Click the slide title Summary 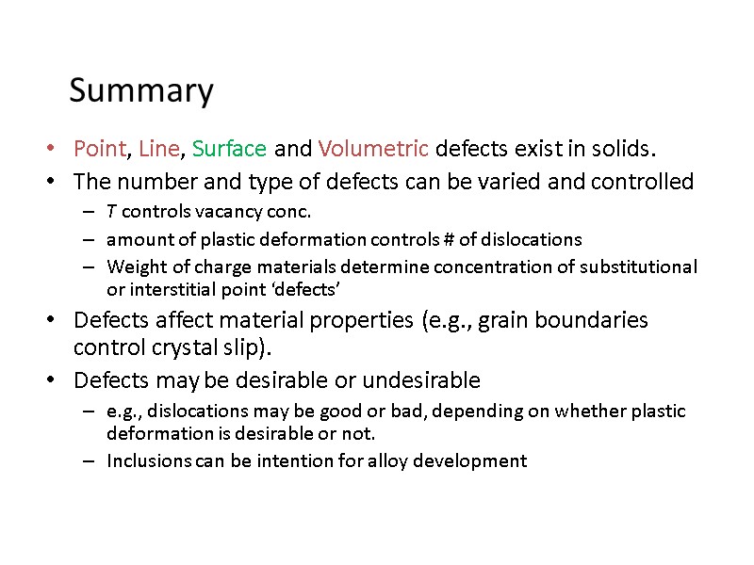pos(141,91)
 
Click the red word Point pos(100,149)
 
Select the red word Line pos(158,149)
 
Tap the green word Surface pos(229,149)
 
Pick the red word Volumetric pos(374,149)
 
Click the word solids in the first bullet pos(623,149)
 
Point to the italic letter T pos(112,211)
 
